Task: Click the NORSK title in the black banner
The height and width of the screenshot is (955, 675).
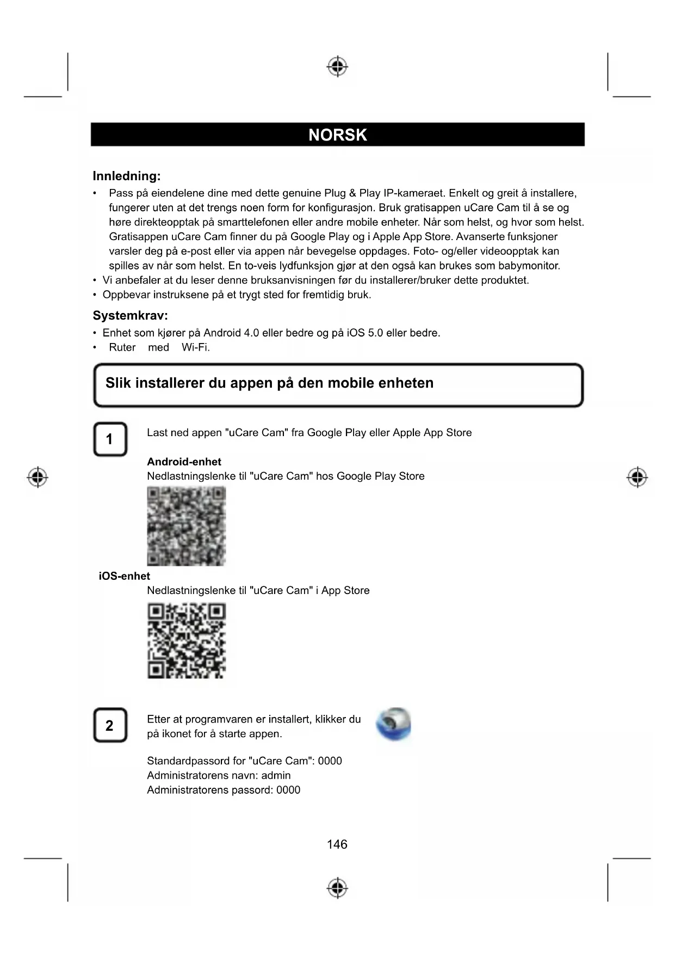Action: coord(337,134)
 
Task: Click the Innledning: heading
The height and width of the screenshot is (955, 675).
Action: coord(126,176)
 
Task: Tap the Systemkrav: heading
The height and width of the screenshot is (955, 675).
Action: coord(130,315)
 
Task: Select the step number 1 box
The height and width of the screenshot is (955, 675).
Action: coord(110,439)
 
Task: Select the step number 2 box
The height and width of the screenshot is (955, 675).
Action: coord(110,725)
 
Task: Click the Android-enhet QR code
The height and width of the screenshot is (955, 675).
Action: coord(186,525)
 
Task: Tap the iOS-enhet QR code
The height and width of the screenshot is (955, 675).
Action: coord(186,640)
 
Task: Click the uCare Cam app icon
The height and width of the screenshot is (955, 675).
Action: coord(393,725)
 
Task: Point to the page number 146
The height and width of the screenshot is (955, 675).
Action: coord(337,844)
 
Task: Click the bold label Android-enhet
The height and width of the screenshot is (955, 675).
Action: coord(184,462)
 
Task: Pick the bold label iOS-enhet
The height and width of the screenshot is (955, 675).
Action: coord(124,576)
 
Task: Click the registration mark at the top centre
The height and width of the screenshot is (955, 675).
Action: coord(337,66)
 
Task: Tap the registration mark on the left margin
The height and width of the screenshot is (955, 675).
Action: coord(38,477)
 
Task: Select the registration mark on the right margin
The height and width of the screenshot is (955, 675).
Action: coord(637,477)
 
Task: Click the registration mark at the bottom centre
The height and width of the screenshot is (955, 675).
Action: coord(337,887)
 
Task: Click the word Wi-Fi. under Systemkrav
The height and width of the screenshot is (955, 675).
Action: coord(196,347)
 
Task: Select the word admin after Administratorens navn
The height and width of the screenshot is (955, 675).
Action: coord(276,775)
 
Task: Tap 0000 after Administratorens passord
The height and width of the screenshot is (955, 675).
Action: coord(288,790)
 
